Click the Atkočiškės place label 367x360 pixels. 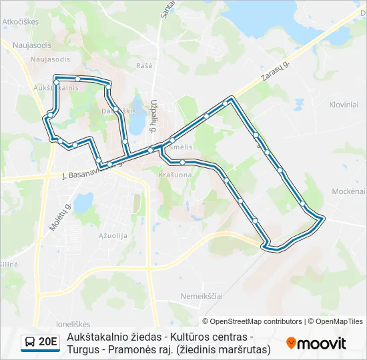click(21, 21)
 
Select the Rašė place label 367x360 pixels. click(144, 65)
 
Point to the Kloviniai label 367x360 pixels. click(344, 105)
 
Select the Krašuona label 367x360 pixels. click(175, 174)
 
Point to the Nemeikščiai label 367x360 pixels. click(201, 295)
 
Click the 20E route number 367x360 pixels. click(48, 342)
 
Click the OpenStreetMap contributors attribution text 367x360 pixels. click(252, 321)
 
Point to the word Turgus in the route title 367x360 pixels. click(83, 349)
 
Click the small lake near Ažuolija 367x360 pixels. click(84, 201)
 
